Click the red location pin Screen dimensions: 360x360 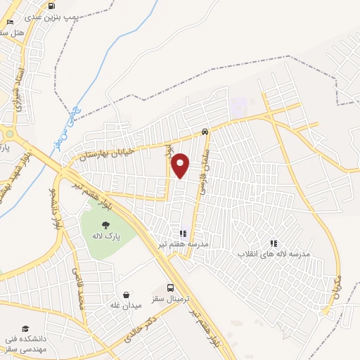(x=181, y=165)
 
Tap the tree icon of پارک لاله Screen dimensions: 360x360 (x=105, y=225)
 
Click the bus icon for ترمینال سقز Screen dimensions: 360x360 (x=171, y=288)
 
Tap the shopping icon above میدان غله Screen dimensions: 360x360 (x=126, y=295)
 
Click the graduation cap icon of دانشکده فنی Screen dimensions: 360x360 (x=26, y=328)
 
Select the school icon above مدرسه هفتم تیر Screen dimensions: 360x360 (x=183, y=233)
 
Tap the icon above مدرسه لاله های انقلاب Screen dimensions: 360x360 (x=274, y=243)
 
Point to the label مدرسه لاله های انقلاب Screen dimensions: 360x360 (x=274, y=253)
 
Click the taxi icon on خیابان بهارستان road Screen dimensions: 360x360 (x=204, y=131)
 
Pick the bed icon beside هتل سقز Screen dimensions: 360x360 (x=9, y=23)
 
